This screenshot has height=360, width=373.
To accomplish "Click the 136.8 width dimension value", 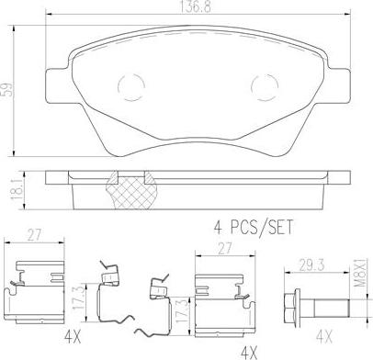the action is coord(195,7).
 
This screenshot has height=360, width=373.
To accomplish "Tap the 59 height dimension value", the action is coord(8,90).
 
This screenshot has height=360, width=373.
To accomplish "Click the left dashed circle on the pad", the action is coord(131,87).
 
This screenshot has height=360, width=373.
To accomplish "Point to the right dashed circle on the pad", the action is coord(265,87).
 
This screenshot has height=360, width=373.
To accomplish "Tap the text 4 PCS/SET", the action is coord(253,227).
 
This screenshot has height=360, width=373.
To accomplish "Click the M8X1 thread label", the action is coord(361,272).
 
